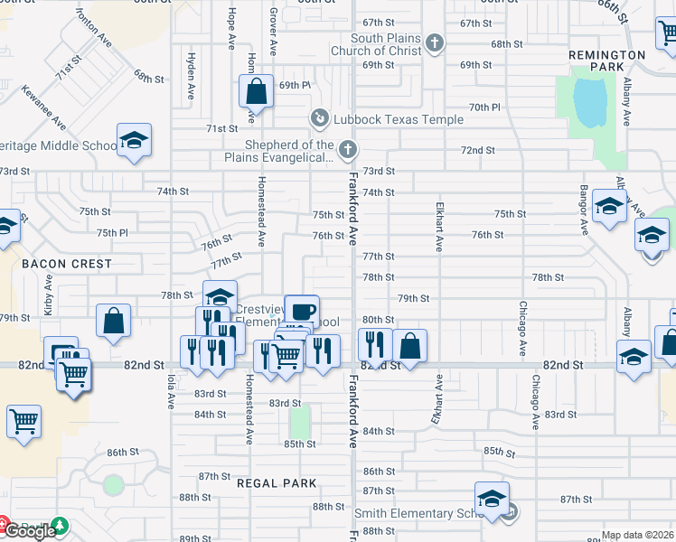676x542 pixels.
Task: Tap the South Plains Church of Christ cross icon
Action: click(435, 42)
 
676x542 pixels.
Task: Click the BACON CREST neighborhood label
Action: click(67, 264)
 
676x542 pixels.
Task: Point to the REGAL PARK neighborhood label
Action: click(277, 483)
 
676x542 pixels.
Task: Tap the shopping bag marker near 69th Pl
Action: click(256, 91)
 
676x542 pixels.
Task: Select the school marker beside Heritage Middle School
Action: click(134, 141)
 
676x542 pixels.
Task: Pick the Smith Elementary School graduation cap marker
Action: click(492, 500)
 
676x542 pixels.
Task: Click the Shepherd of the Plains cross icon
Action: click(347, 149)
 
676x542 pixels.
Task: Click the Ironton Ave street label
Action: click(93, 28)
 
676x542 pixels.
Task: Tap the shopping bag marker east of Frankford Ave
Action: click(409, 346)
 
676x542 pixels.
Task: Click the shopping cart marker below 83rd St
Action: click(23, 420)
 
